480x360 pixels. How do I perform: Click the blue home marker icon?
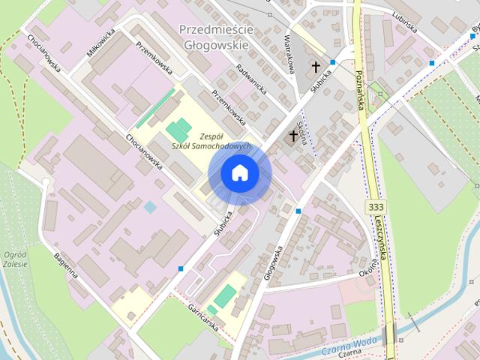coord(239,173)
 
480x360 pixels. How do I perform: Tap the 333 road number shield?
coord(377,205)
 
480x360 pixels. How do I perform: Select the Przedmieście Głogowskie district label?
coord(217,35)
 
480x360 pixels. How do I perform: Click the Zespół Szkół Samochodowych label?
coord(205,141)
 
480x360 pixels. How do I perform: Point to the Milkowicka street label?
coord(100,43)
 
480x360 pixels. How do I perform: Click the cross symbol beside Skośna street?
coord(292,136)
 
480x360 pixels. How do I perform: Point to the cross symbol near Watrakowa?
coord(316,66)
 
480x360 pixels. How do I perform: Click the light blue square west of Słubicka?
coord(151,206)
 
